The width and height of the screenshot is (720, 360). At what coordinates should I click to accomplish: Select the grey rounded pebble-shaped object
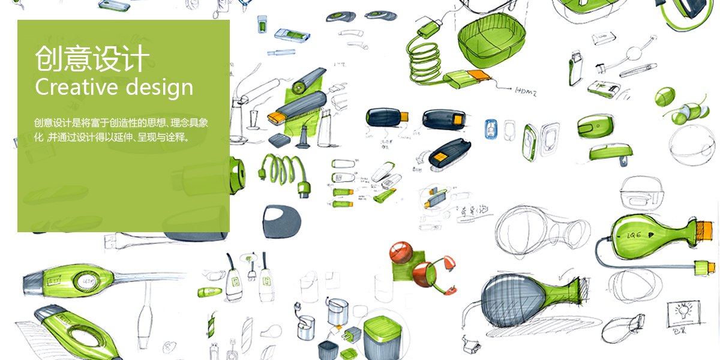282,220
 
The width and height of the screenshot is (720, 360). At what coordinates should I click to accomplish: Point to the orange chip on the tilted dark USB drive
439,160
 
